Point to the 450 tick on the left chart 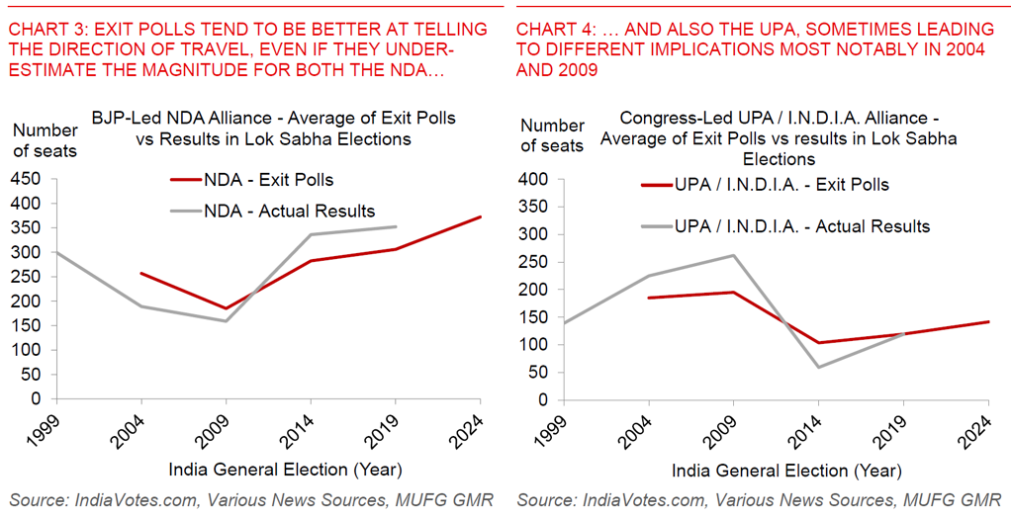[28, 179]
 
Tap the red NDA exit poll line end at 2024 [481, 216]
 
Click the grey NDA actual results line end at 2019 [396, 226]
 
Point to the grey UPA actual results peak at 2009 [733, 255]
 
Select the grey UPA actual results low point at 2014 [819, 367]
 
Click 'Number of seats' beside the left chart [45, 140]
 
